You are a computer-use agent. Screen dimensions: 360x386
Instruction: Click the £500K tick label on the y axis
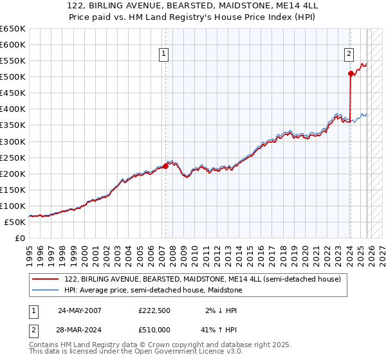(13, 77)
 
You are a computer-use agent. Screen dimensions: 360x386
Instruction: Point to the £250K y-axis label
(13, 157)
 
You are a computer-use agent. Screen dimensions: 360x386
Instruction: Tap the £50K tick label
(15, 222)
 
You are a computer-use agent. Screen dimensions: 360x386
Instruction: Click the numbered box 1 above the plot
(165, 55)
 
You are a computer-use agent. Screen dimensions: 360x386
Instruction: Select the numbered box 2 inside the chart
(349, 55)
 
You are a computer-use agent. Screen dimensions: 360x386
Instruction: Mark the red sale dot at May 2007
(165, 166)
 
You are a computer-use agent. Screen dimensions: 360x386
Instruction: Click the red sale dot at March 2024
(351, 74)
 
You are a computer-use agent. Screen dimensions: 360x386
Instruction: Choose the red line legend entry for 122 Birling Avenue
(206, 279)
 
